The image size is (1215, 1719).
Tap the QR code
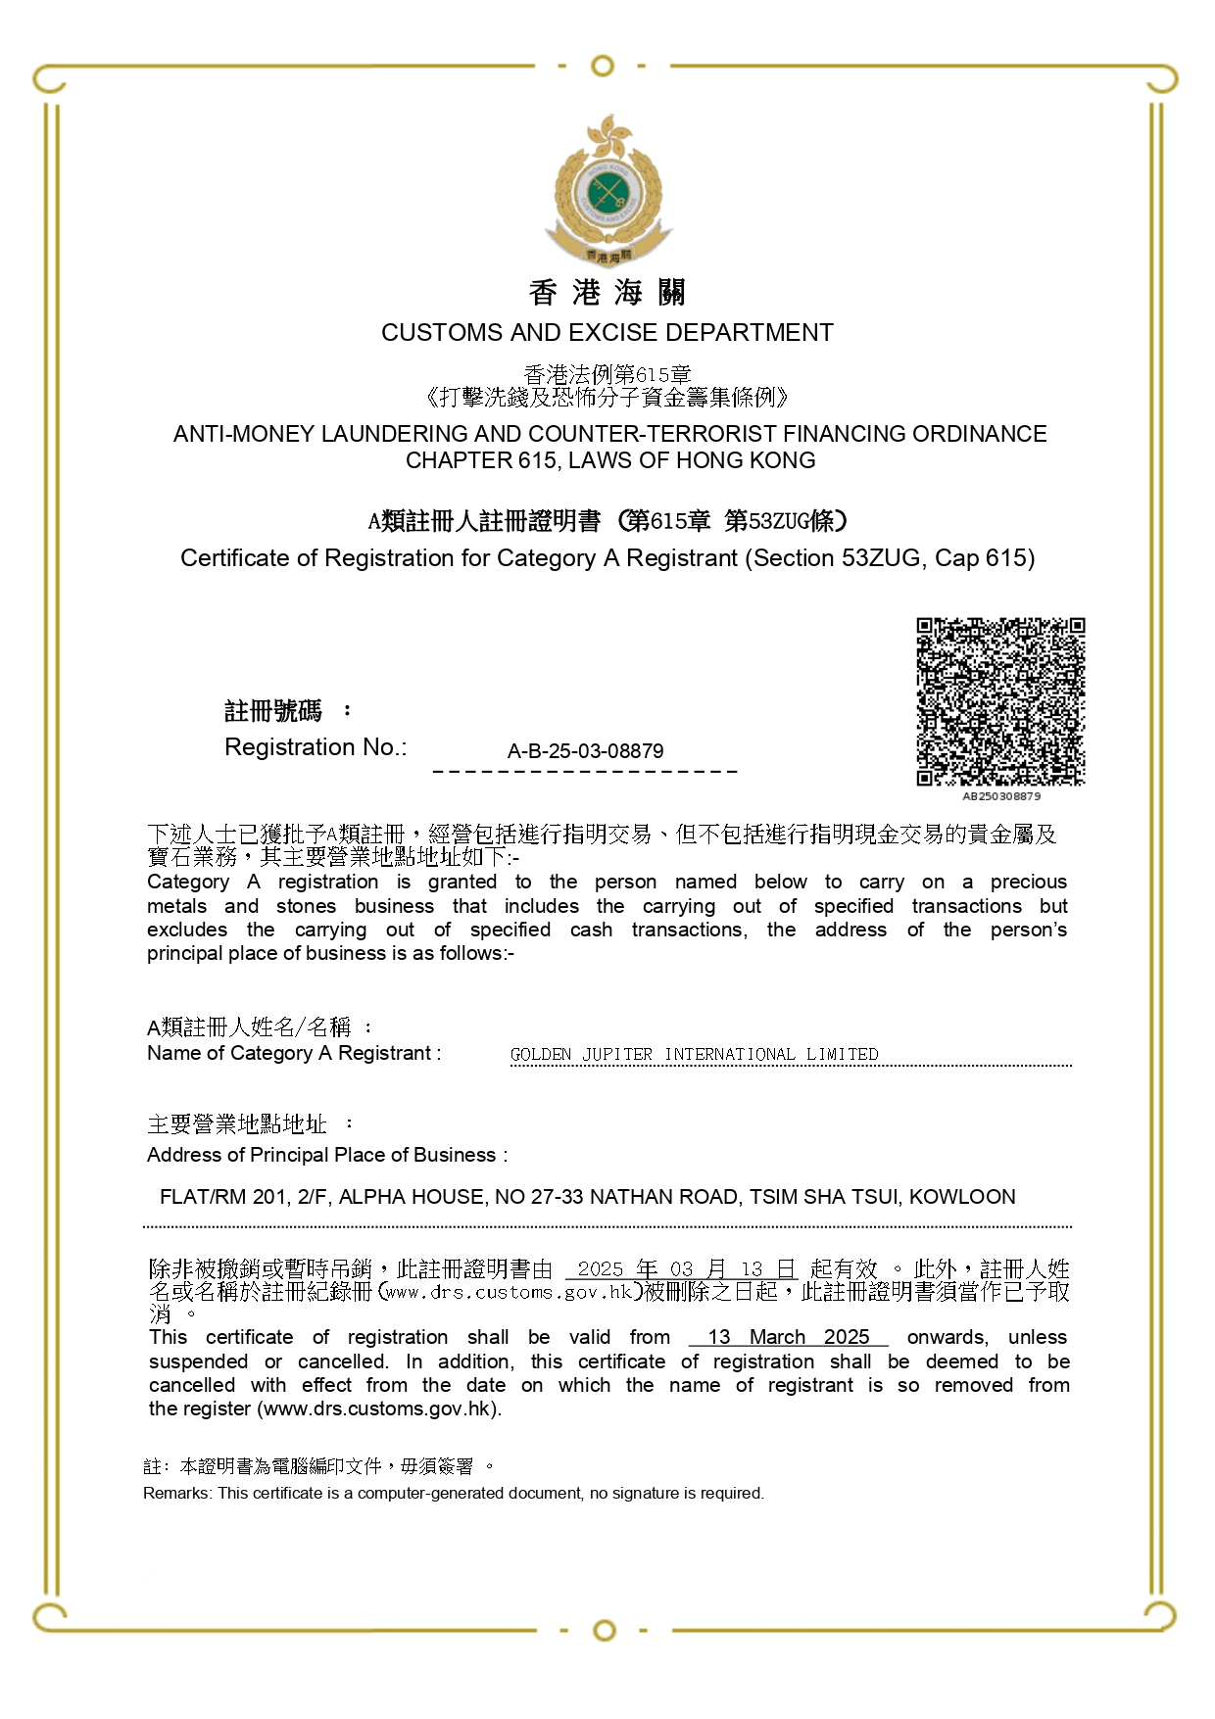[1000, 701]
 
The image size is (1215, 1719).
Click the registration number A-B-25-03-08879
[585, 751]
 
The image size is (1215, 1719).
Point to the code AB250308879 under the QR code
[1001, 796]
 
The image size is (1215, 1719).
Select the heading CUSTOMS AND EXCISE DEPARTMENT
[607, 333]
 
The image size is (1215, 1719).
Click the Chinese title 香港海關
[607, 292]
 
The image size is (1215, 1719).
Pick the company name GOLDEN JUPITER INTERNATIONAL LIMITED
[694, 1054]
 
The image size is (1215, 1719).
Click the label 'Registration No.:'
[316, 747]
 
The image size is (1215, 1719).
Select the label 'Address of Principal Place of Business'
[326, 1155]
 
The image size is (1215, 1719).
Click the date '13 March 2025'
[788, 1337]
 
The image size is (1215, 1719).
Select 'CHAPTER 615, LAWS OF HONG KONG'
[609, 460]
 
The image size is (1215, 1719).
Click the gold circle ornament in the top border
[604, 67]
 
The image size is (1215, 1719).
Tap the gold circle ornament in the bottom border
[605, 1630]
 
